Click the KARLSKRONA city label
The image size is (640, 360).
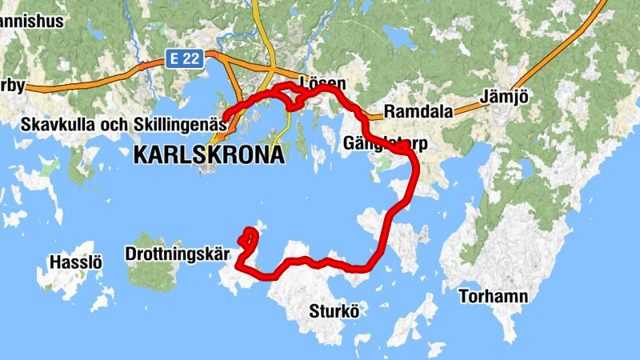pyautogui.click(x=209, y=154)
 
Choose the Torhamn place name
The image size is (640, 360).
pyautogui.click(x=494, y=298)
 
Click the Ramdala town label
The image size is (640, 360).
pyautogui.click(x=418, y=111)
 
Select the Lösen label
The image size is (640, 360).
pyautogui.click(x=322, y=82)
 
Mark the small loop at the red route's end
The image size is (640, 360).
pyautogui.click(x=249, y=237)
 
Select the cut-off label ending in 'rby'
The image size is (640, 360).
pyautogui.click(x=13, y=86)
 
